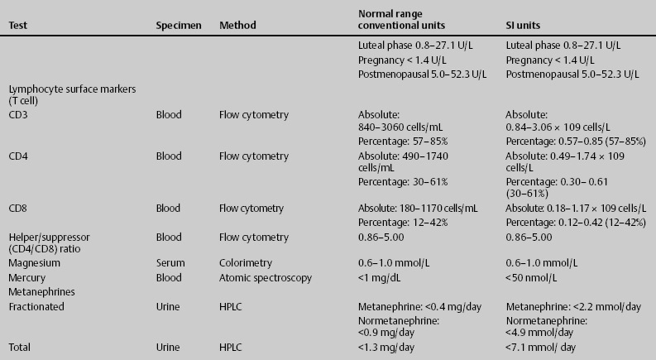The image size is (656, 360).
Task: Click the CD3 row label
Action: [x=17, y=118]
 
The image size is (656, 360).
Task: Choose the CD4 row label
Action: [x=17, y=156]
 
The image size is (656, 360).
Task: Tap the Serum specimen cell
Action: [x=169, y=262]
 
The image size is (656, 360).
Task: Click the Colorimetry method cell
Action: [x=244, y=262]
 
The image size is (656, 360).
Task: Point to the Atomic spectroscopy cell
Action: [x=260, y=277]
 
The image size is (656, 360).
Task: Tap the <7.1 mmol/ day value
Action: [x=539, y=347]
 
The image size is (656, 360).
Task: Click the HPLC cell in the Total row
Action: [x=232, y=347]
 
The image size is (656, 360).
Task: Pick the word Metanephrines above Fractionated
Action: [x=40, y=291]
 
